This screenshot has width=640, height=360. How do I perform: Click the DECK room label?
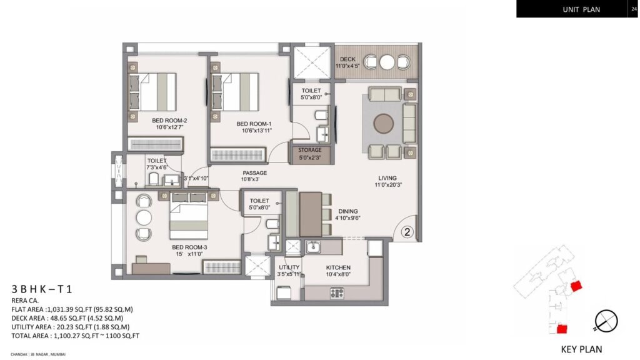coord(348,59)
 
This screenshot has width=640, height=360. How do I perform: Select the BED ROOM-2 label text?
coord(169,121)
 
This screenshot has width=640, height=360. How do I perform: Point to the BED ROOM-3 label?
coord(189,247)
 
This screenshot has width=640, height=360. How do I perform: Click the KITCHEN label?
coord(337,267)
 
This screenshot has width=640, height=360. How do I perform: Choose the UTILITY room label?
coord(288,267)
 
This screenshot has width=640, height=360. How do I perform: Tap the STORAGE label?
coord(310,150)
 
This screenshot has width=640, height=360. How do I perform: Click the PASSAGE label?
coord(255,173)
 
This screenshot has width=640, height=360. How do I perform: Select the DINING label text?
coord(348,211)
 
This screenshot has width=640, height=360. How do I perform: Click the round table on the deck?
coord(387,62)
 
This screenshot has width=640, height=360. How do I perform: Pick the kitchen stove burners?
coord(336,292)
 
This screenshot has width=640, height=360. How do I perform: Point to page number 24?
coord(634,8)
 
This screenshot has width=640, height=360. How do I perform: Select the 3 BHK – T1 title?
coord(42,289)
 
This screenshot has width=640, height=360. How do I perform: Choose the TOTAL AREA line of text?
coord(75,336)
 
